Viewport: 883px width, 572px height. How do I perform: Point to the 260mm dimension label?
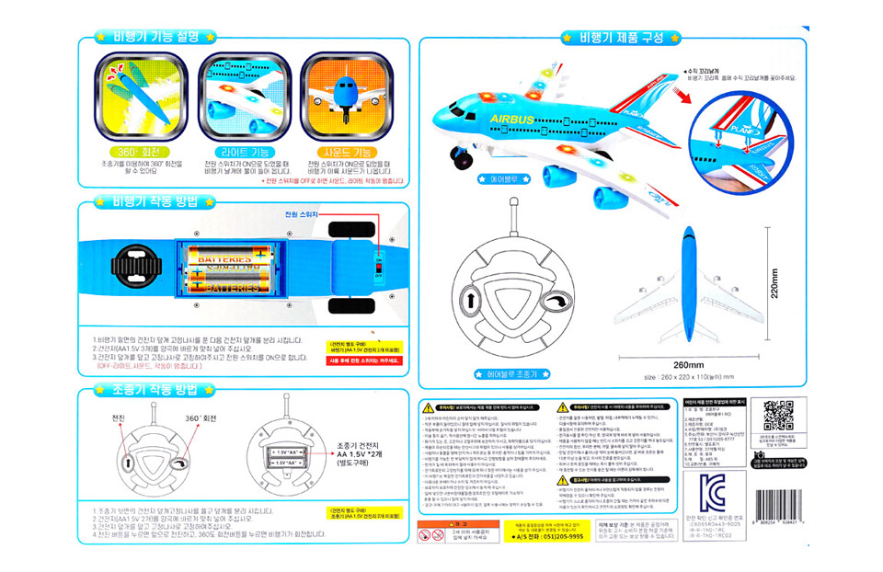[x=688, y=362]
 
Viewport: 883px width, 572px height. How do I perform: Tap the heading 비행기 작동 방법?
[x=154, y=200]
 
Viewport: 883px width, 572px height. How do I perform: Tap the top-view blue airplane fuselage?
[x=687, y=285]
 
